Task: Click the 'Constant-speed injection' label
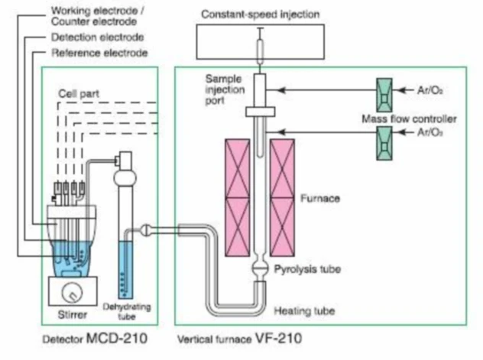coord(261,15)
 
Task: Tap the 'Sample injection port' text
coord(223,90)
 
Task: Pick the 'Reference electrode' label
coord(99,53)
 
